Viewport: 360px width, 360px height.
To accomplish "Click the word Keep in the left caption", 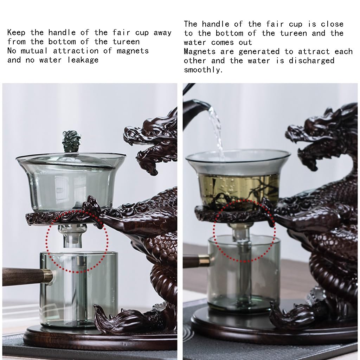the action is (x=16, y=32).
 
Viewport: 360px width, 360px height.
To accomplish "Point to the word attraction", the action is (x=76, y=51).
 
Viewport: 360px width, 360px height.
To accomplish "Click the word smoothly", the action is (x=203, y=70).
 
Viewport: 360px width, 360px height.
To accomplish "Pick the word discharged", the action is (x=311, y=60).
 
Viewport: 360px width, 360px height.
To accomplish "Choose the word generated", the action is (x=259, y=52).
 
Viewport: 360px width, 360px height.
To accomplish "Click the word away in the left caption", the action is (x=162, y=32).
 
